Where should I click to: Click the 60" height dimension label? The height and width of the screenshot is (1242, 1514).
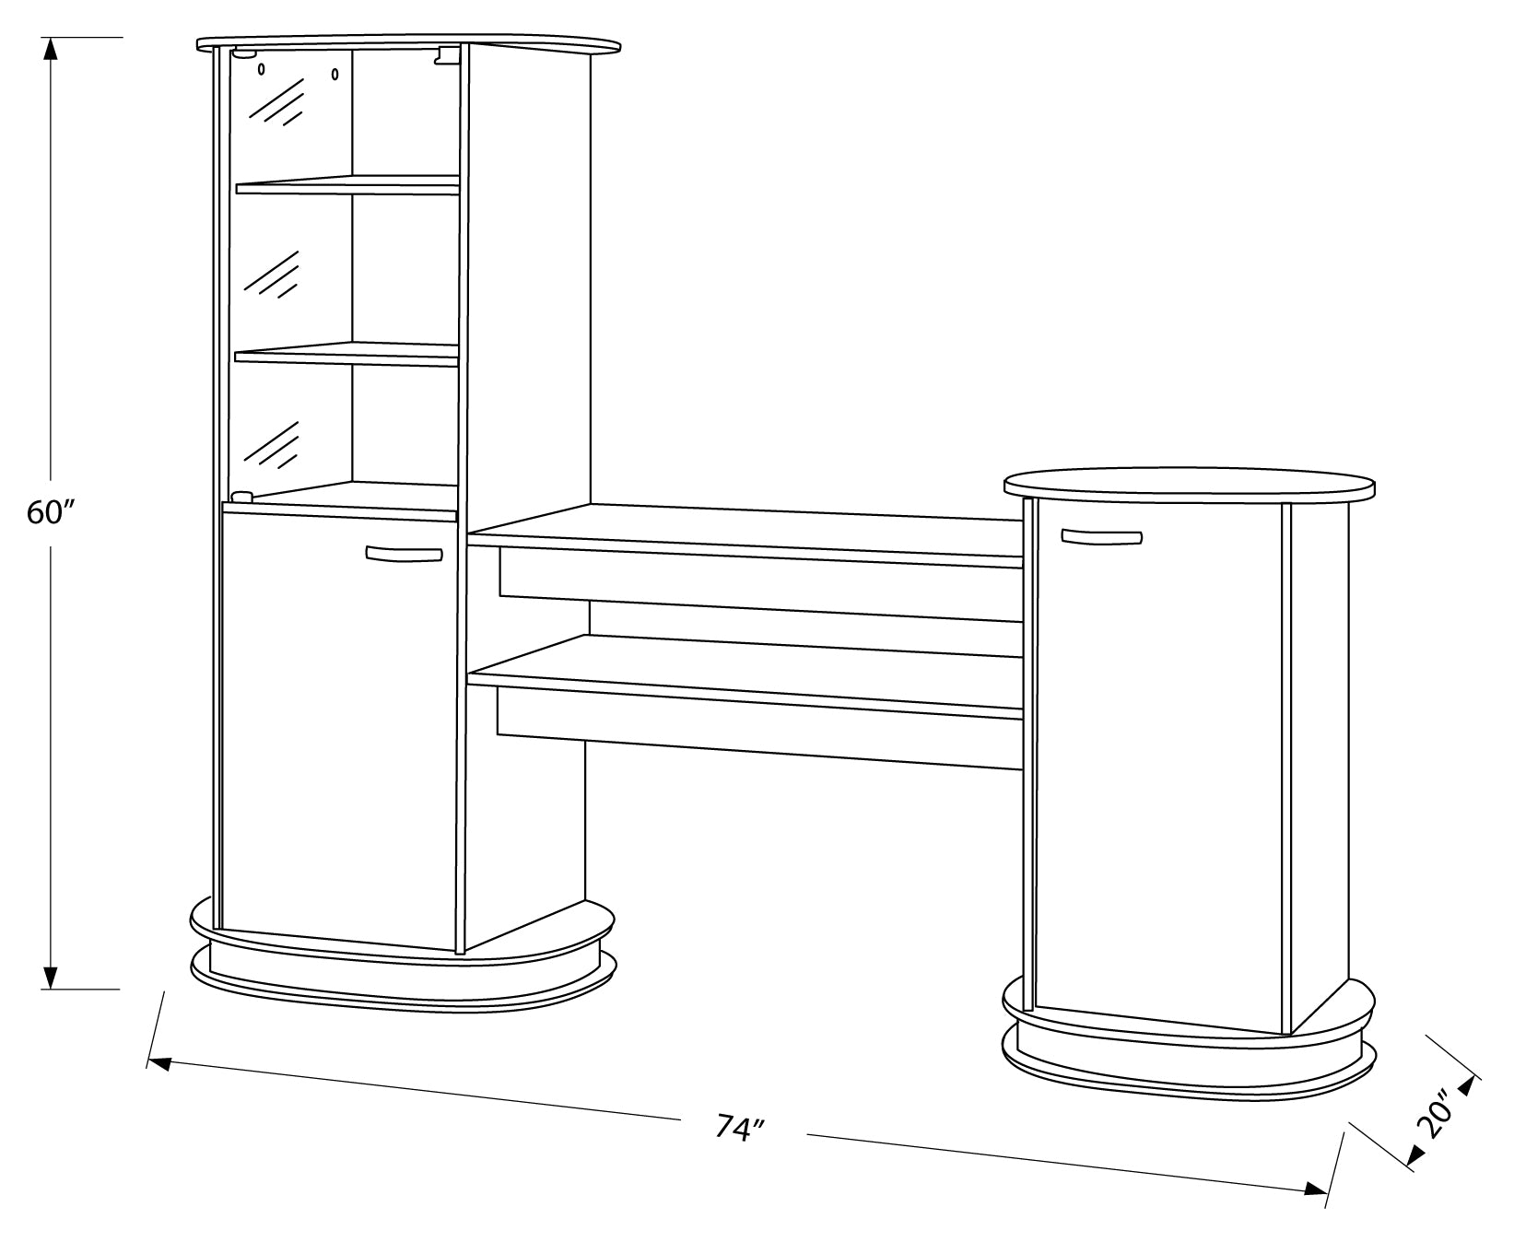tap(50, 513)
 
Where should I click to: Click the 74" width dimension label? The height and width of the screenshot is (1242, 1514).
tap(742, 1128)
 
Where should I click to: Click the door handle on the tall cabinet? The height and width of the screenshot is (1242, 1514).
tap(404, 554)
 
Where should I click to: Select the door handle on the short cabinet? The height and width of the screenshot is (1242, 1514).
tap(1101, 536)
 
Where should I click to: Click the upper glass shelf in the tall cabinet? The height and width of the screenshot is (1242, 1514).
tap(347, 184)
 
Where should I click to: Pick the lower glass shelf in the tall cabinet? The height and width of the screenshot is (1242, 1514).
tap(347, 354)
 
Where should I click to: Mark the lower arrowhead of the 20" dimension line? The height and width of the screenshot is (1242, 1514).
tap(1419, 1157)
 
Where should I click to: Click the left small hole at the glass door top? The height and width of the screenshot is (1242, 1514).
tap(262, 69)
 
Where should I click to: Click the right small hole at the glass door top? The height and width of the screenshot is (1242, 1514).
tap(335, 73)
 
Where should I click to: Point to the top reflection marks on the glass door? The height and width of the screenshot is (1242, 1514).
tap(276, 101)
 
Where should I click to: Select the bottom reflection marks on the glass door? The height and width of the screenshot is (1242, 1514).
tap(273, 445)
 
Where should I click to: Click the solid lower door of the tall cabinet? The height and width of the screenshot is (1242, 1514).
tap(339, 728)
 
